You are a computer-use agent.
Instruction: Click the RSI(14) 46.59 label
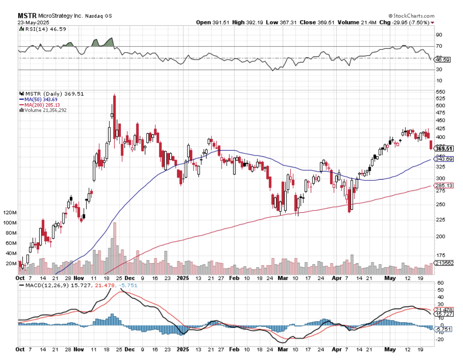coord(45,29)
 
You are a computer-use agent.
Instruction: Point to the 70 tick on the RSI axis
coord(439,46)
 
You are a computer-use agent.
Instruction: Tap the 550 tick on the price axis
coord(440,92)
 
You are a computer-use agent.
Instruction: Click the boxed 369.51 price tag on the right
coord(444,149)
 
